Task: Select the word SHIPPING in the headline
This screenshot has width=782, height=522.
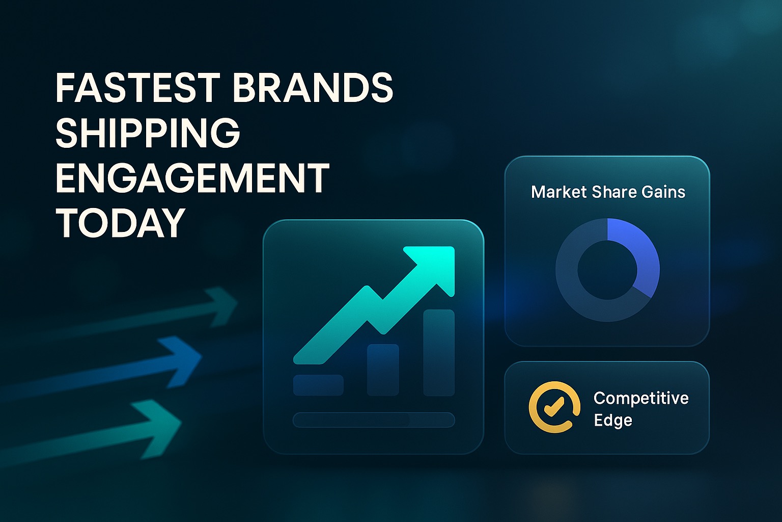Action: (148, 133)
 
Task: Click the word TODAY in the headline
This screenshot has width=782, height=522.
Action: (120, 222)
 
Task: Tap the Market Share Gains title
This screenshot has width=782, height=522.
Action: (608, 192)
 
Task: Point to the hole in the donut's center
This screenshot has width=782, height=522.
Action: (607, 270)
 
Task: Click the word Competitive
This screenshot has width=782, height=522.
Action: (641, 398)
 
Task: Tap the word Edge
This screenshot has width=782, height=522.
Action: (613, 420)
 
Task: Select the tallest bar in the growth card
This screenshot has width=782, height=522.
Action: (439, 352)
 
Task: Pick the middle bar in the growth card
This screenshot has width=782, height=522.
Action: (383, 370)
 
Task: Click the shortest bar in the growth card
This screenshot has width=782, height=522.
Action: (318, 385)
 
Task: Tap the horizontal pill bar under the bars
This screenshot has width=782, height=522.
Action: (374, 420)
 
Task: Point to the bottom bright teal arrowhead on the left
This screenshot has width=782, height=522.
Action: (159, 429)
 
